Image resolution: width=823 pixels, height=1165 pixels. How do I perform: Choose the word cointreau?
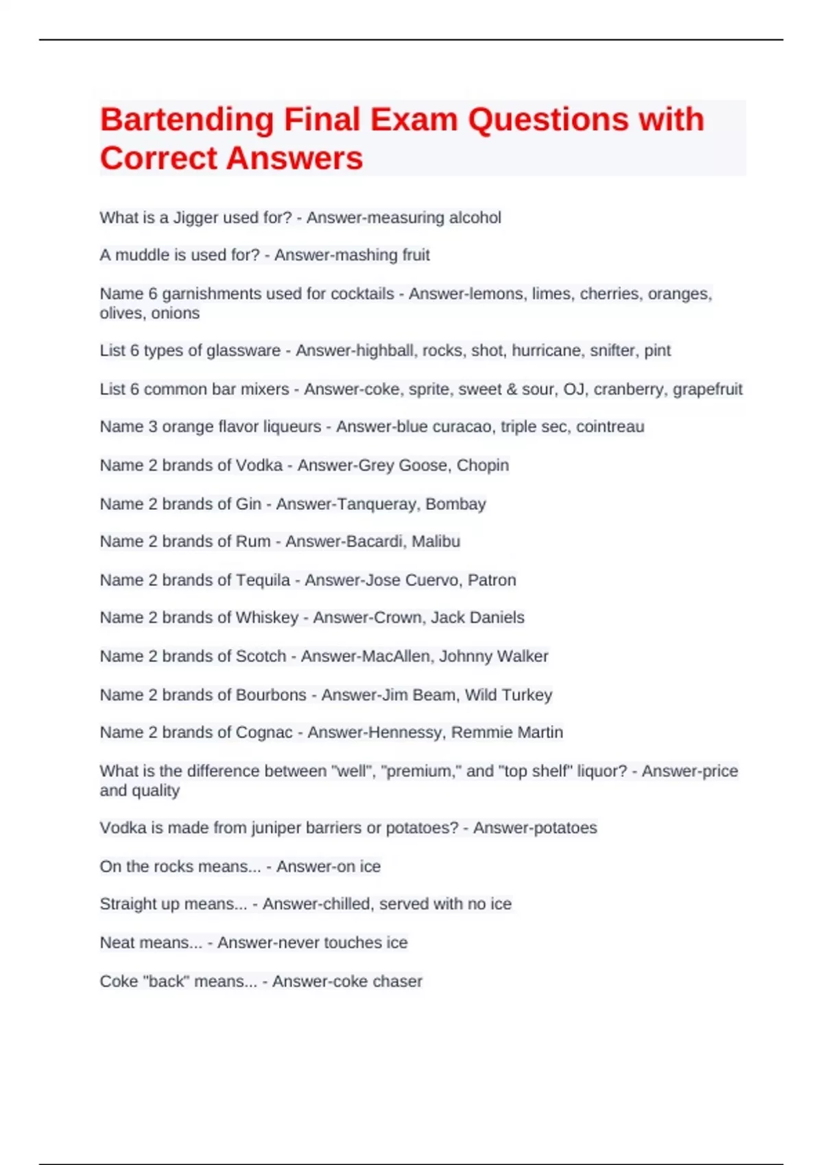[x=610, y=427]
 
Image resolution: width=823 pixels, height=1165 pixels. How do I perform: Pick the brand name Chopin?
[x=483, y=465]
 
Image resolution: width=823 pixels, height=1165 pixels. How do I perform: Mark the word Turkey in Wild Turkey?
[x=527, y=695]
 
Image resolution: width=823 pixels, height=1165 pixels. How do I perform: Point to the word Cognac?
[x=264, y=733]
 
